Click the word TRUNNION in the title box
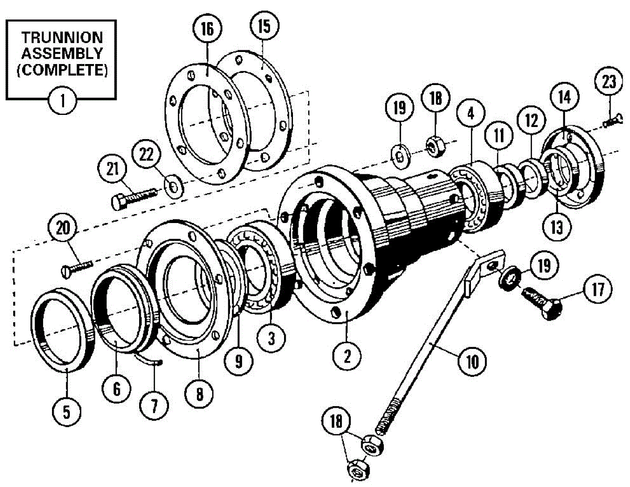click(x=62, y=37)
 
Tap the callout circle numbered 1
click(x=62, y=98)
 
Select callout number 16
click(x=207, y=29)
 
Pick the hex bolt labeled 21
click(x=134, y=197)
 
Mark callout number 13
click(x=557, y=228)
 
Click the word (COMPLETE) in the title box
click(x=62, y=70)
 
